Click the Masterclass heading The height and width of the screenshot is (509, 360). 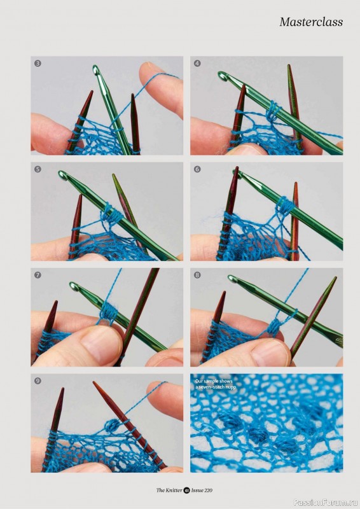310,22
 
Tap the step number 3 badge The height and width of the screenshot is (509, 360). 38,63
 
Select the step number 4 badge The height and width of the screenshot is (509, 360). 197,63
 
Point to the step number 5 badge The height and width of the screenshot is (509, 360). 38,169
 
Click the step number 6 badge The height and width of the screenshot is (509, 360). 197,169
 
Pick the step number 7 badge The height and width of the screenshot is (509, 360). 38,275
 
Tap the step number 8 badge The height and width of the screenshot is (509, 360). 197,275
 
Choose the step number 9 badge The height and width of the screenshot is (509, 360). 38,380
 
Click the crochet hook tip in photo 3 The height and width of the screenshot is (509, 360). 96,69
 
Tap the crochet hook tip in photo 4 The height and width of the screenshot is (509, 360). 222,76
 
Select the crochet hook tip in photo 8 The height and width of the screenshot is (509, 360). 232,279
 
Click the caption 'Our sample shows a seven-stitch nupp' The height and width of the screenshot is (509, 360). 214,384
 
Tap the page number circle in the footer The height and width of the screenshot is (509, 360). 186,490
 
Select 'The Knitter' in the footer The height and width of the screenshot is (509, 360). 169,490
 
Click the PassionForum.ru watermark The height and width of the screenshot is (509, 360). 326,502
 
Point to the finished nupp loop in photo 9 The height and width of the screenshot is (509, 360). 111,425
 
